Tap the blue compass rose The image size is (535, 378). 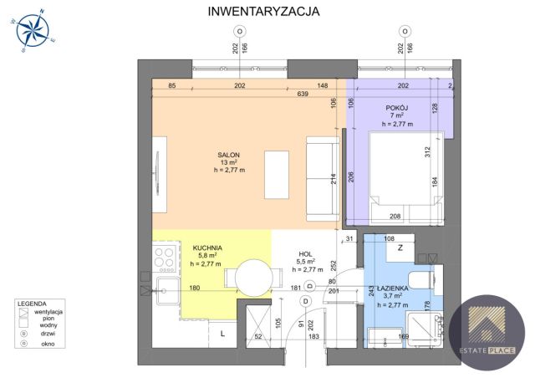33,32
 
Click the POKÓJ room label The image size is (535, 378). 397,107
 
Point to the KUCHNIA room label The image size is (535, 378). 206,248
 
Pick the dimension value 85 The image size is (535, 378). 171,85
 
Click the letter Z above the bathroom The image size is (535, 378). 400,248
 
